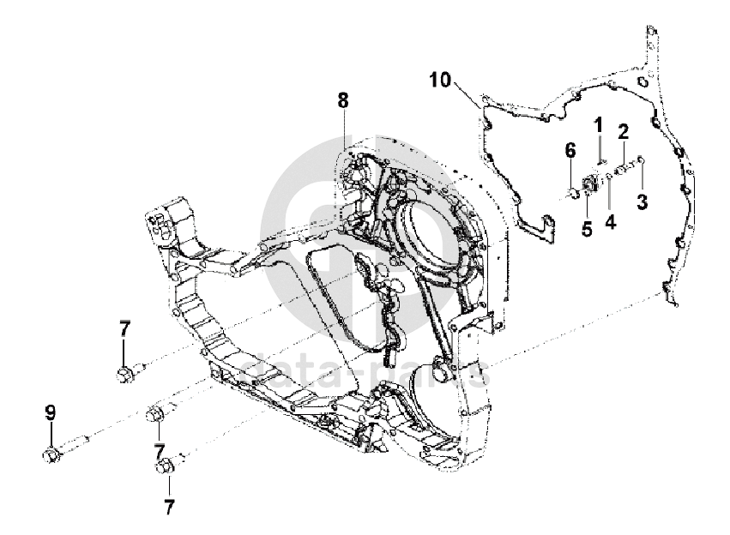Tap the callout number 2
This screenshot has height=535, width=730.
624,131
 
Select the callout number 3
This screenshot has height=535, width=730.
640,201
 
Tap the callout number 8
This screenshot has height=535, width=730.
343,100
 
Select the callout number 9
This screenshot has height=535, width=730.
50,412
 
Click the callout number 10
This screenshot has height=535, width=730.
440,81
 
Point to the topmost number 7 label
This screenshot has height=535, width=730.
124,328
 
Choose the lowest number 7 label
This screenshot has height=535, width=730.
169,506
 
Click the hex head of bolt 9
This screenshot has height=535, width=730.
50,454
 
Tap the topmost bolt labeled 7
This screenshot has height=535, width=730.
124,374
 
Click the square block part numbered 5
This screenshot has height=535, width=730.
588,183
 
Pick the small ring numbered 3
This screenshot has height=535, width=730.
640,159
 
